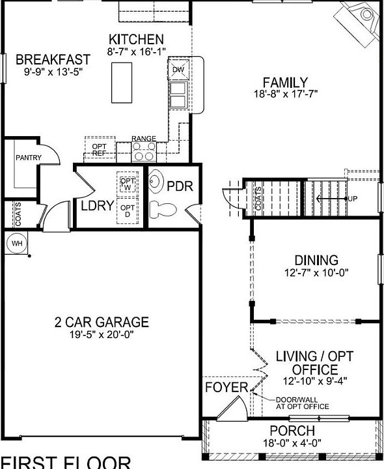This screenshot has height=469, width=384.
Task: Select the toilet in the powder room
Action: coord(161,209)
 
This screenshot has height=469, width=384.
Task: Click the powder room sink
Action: coord(157,180)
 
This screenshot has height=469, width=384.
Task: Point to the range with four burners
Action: coord(143,152)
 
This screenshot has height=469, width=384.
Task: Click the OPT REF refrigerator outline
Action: coord(100,149)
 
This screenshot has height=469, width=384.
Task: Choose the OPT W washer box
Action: coord(128,184)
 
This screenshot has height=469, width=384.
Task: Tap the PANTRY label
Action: coord(29,158)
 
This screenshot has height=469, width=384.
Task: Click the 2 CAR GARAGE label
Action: coord(102,322)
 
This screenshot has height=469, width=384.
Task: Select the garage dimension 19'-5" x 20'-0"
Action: coord(102,335)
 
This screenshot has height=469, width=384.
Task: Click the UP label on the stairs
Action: coord(353,198)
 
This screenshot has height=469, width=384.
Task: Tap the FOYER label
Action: coord(226,388)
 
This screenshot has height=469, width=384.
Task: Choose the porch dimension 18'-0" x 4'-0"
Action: coord(292,444)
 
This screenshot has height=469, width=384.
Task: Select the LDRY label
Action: coord(98,206)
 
